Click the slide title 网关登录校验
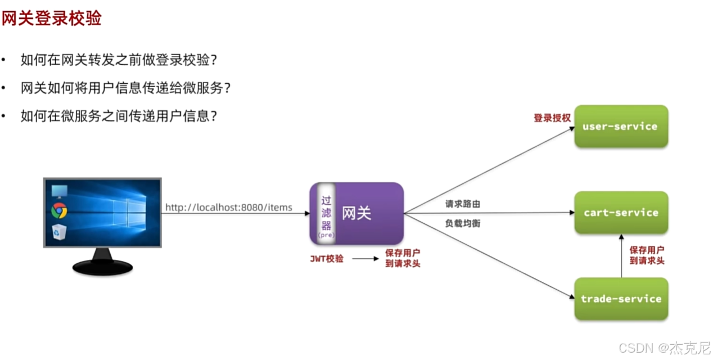(x=51, y=19)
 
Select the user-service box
(x=621, y=127)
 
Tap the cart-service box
(x=621, y=213)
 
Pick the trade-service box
(x=621, y=299)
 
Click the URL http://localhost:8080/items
(x=228, y=208)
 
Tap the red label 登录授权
(x=552, y=118)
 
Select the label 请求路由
(x=462, y=204)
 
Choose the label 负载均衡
(x=462, y=223)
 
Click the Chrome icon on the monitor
(x=59, y=210)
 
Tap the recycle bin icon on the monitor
(x=59, y=231)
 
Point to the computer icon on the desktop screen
(x=59, y=191)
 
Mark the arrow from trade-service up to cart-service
(x=621, y=256)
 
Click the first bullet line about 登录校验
(x=119, y=60)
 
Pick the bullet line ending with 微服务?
(x=126, y=88)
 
